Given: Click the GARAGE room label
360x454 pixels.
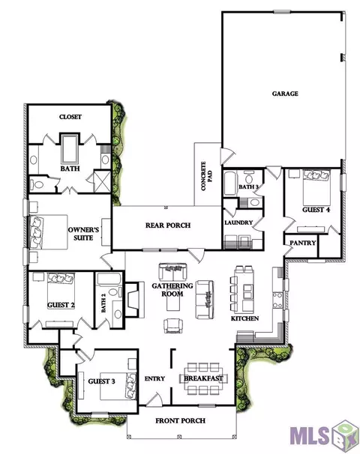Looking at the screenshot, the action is click(285, 94).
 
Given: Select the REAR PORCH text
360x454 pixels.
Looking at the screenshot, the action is click(168, 225).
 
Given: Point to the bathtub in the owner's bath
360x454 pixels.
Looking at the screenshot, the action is click(70, 148).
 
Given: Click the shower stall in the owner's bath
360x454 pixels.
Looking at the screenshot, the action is click(102, 181).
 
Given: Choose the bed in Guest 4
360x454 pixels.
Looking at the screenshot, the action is click(316, 187).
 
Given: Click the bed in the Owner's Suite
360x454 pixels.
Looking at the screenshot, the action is click(49, 231).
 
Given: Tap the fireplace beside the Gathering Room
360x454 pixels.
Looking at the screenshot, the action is click(134, 300).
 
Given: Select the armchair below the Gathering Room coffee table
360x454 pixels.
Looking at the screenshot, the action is click(173, 326).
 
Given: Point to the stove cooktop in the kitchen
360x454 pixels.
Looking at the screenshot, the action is click(277, 300).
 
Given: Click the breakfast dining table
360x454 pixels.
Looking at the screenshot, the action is click(203, 378).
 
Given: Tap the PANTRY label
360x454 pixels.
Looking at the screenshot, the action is click(302, 243).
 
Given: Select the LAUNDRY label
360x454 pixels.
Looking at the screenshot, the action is click(238, 223).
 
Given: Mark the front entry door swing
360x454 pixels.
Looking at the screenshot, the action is click(154, 399).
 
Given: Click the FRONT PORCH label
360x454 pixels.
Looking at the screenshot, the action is click(180, 420).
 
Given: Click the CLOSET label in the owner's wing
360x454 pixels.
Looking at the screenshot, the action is click(70, 117).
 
